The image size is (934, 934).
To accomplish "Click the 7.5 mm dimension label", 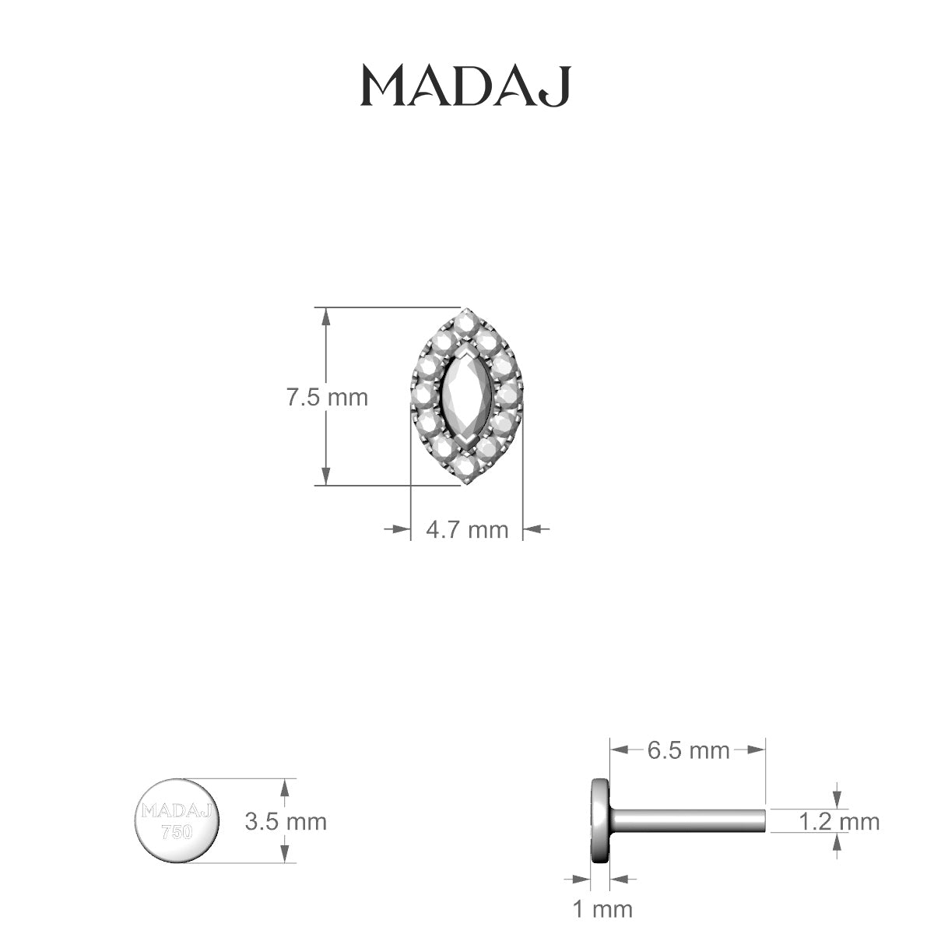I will (327, 397).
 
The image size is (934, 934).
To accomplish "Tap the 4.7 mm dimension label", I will (467, 530).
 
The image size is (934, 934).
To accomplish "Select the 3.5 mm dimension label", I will (286, 821).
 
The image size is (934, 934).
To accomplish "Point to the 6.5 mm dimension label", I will (688, 750).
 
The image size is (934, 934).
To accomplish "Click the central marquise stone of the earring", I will (465, 398).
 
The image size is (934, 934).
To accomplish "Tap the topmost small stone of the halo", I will (465, 320).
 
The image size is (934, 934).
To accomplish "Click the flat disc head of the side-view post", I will (600, 820).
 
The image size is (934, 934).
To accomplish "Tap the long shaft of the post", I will (689, 820).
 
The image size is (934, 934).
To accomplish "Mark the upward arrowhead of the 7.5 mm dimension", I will (327, 315).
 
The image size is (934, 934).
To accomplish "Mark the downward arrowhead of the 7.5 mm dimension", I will (327, 477).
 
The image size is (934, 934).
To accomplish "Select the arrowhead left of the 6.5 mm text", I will (620, 750).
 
